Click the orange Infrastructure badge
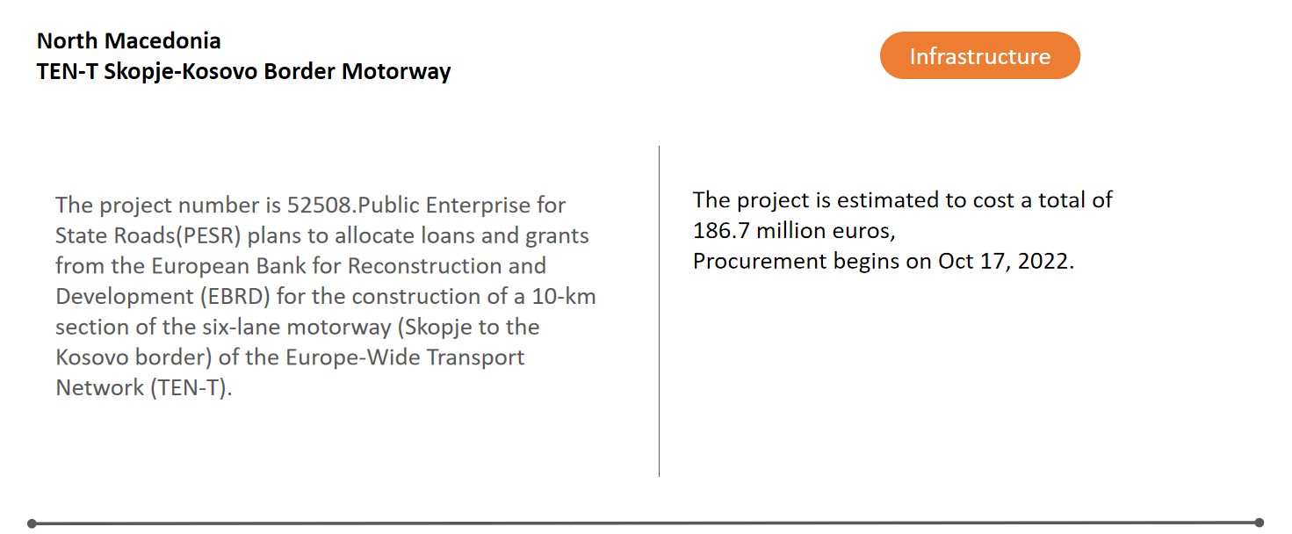(x=979, y=55)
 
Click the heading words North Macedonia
(x=128, y=41)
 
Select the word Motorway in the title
(x=396, y=71)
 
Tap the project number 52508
(x=320, y=205)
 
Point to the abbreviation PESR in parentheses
(x=208, y=235)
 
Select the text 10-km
(x=564, y=296)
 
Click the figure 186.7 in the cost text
(x=721, y=231)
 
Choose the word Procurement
(x=760, y=261)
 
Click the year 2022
(x=1043, y=261)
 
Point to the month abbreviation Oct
(x=956, y=261)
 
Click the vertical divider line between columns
(x=660, y=312)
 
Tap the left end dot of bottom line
(x=32, y=523)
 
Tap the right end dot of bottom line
(x=1260, y=523)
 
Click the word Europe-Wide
(x=352, y=357)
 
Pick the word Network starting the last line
(x=99, y=387)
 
